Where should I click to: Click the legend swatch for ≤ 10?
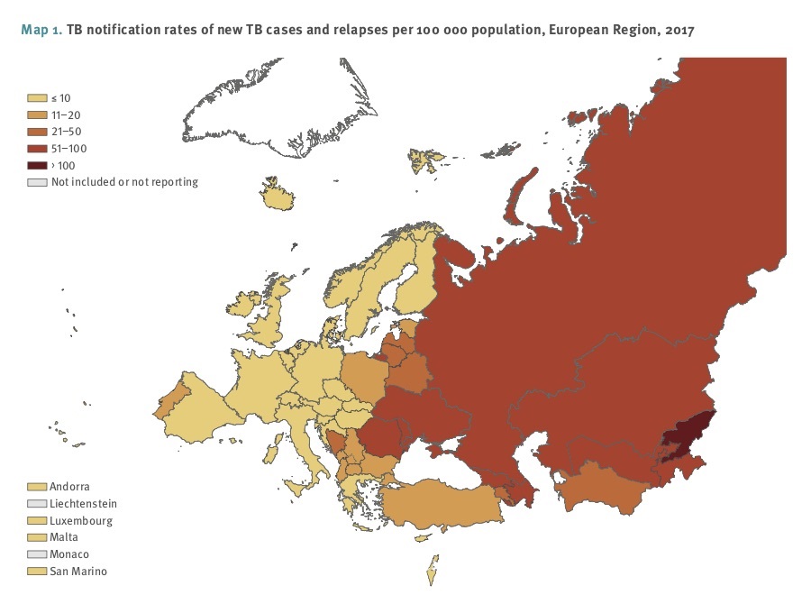pos(38,96)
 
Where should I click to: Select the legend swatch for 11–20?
pos(38,114)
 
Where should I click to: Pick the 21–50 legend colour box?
pos(38,131)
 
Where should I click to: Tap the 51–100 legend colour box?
pos(38,148)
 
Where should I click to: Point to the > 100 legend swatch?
pos(38,165)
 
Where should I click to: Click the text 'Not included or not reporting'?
pos(124,182)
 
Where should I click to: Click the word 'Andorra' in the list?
pos(70,487)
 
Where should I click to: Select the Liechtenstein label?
pos(84,504)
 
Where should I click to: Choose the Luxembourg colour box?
pos(38,521)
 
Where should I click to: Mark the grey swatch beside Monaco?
pos(38,554)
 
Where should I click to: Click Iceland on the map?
pos(279,197)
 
